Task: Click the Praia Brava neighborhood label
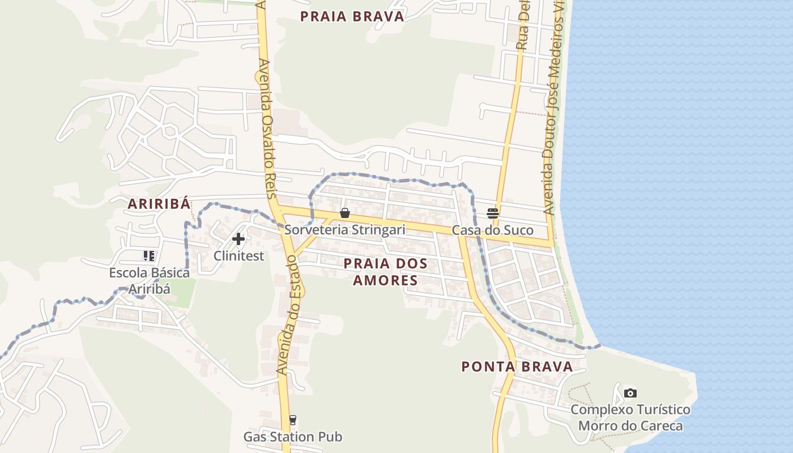click(x=352, y=16)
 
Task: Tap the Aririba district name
click(x=159, y=204)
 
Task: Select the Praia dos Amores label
click(x=385, y=272)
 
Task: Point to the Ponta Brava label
click(x=517, y=366)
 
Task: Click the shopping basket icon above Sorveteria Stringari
click(x=344, y=213)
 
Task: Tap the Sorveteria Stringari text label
click(x=344, y=230)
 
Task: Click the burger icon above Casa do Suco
click(x=493, y=213)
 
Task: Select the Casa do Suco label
click(x=493, y=230)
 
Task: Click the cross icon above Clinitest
click(x=238, y=239)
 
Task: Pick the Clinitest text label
click(x=238, y=256)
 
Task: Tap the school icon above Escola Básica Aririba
click(x=149, y=256)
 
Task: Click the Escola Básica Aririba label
click(x=150, y=281)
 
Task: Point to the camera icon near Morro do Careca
click(x=630, y=393)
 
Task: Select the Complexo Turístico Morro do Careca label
click(x=630, y=418)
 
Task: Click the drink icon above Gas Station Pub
click(x=292, y=420)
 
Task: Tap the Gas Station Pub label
click(x=293, y=437)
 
